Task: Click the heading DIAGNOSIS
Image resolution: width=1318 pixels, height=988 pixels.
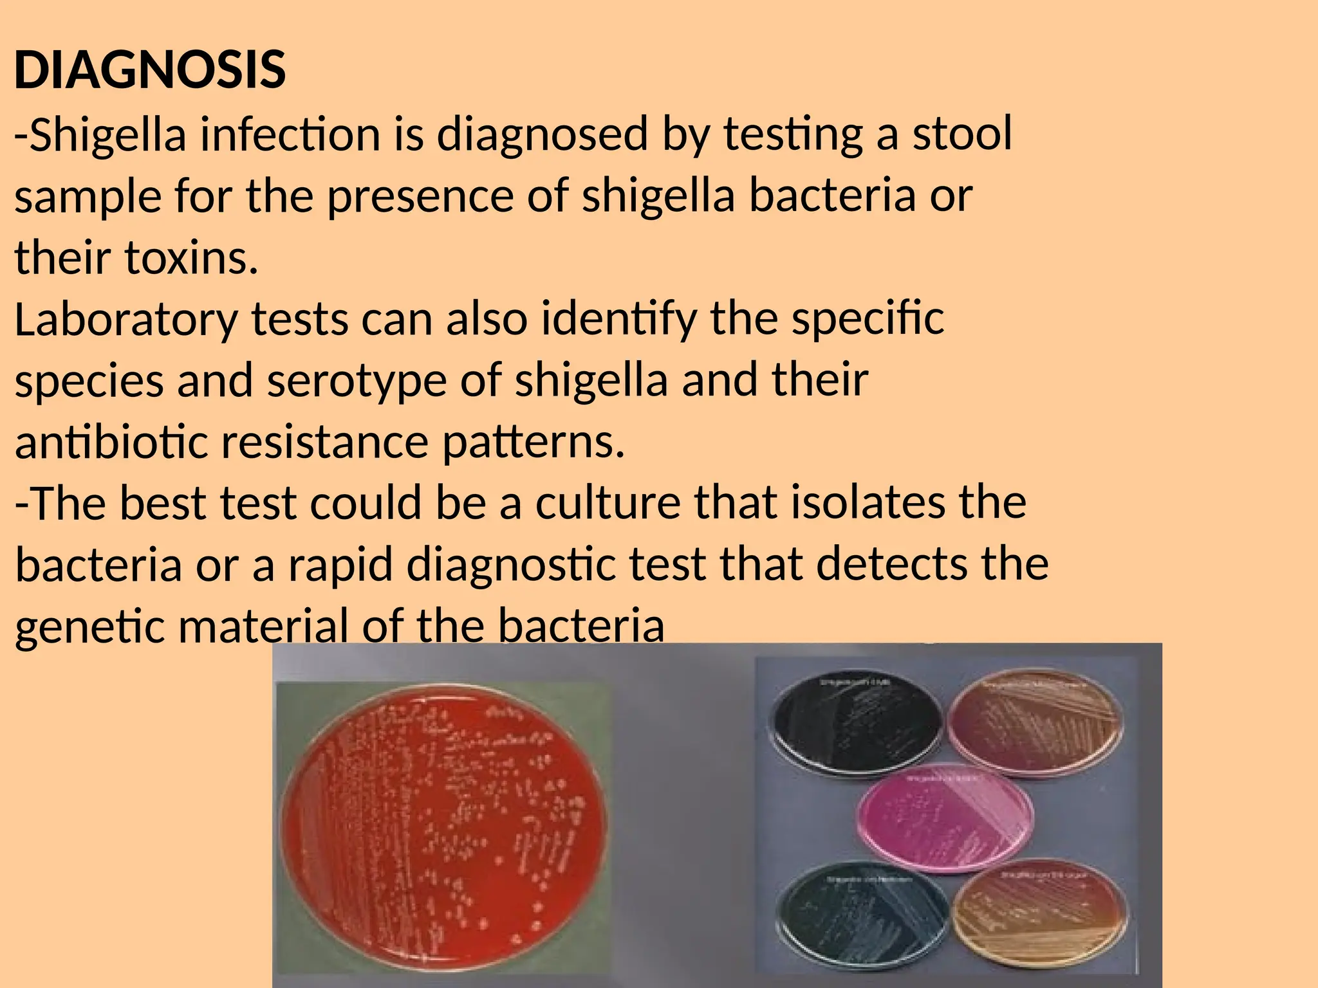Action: click(x=149, y=70)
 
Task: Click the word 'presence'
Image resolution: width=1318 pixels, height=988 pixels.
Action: click(x=420, y=196)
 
